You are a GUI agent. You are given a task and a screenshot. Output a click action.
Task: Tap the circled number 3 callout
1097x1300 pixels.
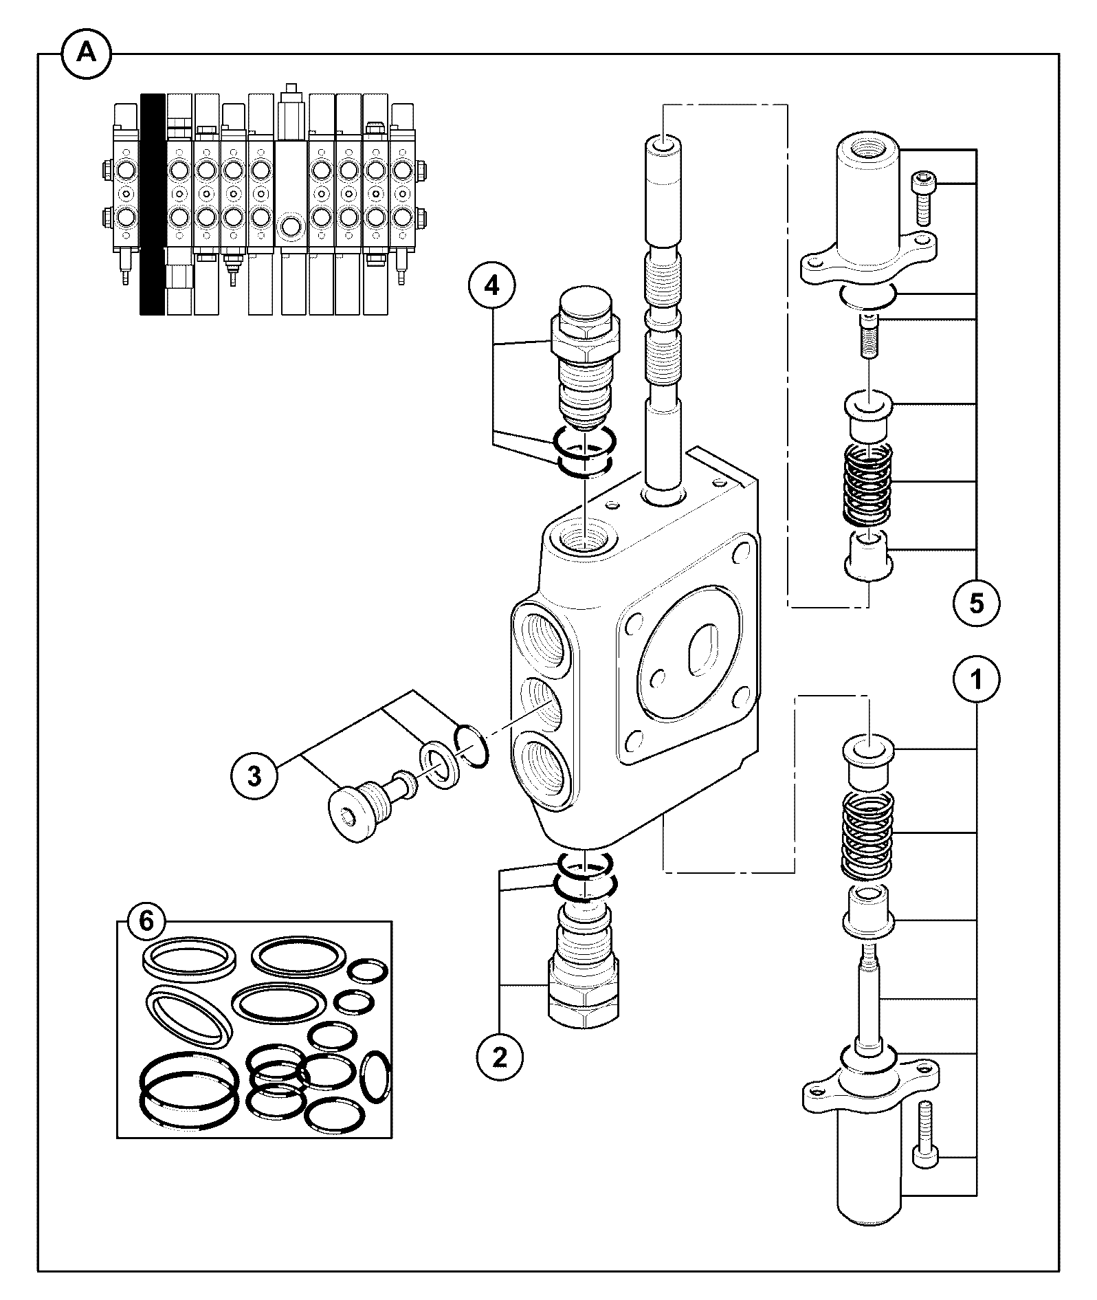[x=254, y=777]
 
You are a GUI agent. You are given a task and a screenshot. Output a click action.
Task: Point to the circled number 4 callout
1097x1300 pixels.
[x=491, y=286]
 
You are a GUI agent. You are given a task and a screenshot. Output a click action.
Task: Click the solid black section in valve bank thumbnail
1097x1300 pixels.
[x=152, y=204]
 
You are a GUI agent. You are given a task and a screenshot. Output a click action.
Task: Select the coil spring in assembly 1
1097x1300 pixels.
[x=867, y=834]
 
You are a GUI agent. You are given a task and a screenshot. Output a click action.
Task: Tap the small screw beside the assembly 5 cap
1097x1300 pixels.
[x=921, y=198]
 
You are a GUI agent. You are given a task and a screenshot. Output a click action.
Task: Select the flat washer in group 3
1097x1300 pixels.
[x=438, y=764]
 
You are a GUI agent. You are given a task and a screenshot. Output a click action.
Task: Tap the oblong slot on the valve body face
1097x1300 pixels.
[x=703, y=648]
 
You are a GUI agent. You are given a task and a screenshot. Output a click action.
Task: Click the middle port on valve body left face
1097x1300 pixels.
[x=543, y=711]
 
